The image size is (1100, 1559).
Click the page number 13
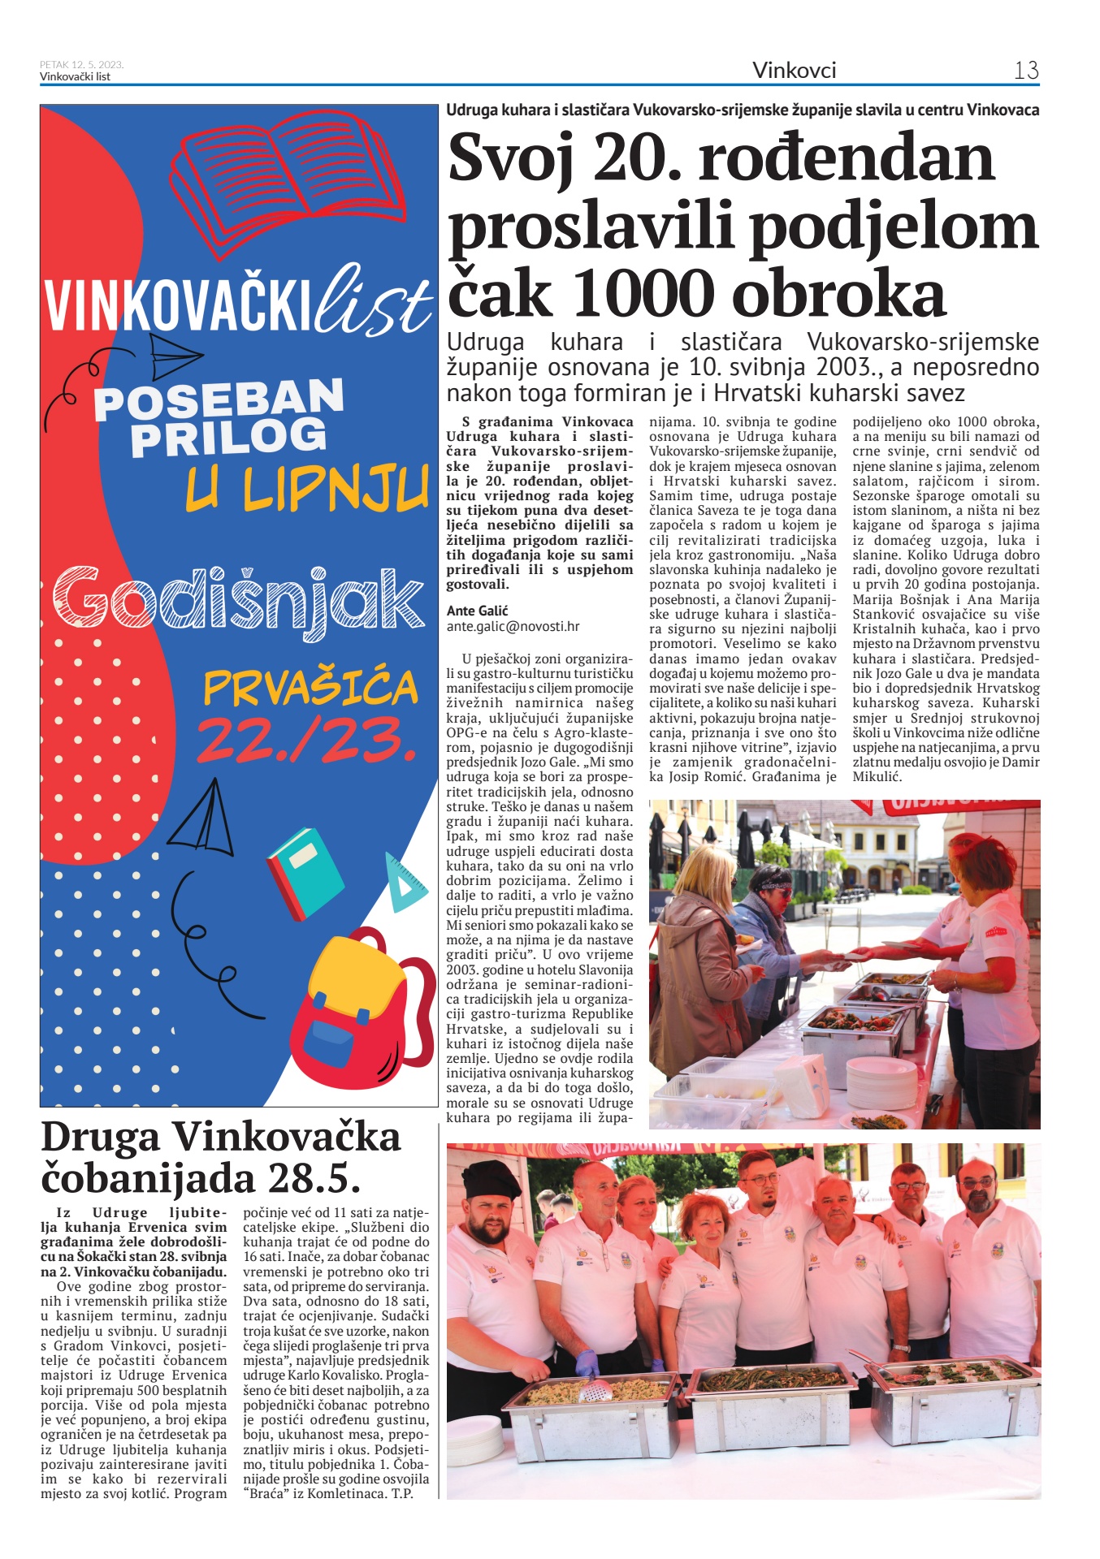tap(1026, 71)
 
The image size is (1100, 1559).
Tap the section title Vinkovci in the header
tap(794, 71)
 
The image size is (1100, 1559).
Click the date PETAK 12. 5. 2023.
tap(81, 65)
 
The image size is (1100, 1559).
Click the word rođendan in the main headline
tap(846, 158)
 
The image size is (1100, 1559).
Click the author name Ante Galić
tap(477, 611)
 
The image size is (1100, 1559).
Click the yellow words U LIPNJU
tap(307, 488)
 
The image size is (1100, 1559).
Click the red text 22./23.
tap(306, 740)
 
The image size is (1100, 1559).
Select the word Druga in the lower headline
tap(100, 1137)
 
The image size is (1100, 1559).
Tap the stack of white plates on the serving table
tap(881, 1082)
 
